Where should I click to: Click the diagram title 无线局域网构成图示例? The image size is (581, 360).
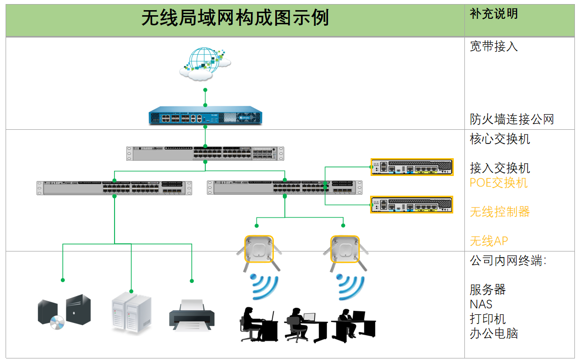tap(235, 19)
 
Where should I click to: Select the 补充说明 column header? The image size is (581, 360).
tap(493, 14)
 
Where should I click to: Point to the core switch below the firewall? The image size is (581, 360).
tap(205, 153)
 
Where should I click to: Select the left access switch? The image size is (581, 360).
tap(114, 187)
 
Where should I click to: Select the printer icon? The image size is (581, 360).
tap(191, 314)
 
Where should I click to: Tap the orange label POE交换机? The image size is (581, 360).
tap(498, 183)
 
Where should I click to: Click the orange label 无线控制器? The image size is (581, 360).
tap(499, 212)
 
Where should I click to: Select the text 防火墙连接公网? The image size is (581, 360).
tap(512, 120)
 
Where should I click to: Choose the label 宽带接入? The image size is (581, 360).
tap(493, 47)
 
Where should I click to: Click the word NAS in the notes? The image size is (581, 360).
tap(481, 304)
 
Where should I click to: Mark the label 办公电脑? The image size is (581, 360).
tap(493, 333)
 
